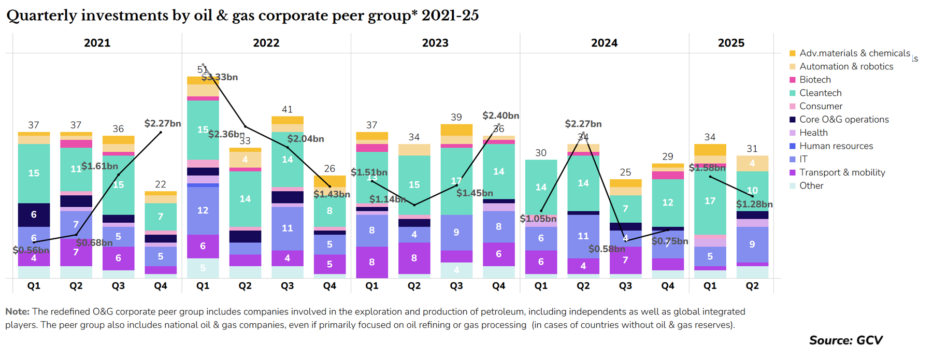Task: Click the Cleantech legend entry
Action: [x=820, y=93]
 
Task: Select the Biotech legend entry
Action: [x=814, y=80]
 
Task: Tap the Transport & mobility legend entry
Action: [x=842, y=172]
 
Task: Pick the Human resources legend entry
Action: [x=836, y=146]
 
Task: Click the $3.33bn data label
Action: [x=220, y=78]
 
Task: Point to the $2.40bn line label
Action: [x=500, y=116]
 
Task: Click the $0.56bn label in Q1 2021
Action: [x=31, y=250]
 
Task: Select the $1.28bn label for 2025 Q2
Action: [x=754, y=205]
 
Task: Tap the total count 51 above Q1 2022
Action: [x=203, y=69]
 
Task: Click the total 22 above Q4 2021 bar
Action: [x=161, y=184]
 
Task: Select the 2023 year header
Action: [x=435, y=43]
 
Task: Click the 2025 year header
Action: [x=731, y=43]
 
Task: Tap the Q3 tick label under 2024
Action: [x=625, y=286]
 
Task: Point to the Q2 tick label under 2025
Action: [x=752, y=286]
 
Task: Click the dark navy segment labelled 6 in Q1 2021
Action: [x=34, y=214]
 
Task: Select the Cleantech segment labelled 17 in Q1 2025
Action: [x=710, y=201]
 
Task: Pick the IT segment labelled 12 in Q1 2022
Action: [x=203, y=210]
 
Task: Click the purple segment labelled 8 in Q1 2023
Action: [x=371, y=262]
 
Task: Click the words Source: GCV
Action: [x=845, y=340]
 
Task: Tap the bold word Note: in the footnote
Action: [x=17, y=312]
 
